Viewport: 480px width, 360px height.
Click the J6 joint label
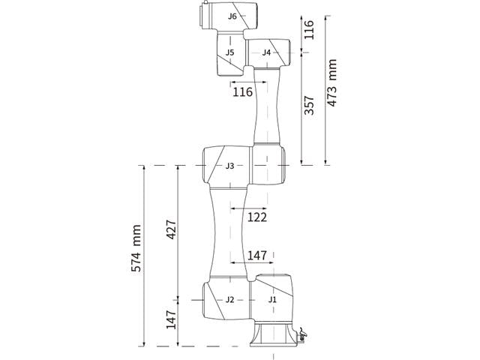(x=232, y=16)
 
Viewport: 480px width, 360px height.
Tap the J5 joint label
(x=230, y=52)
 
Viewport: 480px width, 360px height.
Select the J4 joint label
(x=266, y=52)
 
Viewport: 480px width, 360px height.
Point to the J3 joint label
(x=230, y=166)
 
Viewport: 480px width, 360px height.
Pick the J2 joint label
(x=230, y=300)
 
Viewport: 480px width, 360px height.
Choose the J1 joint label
(x=272, y=300)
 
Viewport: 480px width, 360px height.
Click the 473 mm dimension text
(x=331, y=82)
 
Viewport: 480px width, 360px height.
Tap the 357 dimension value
(x=309, y=105)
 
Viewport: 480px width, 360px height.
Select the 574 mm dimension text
(x=136, y=248)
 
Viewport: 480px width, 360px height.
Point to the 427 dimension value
(x=171, y=229)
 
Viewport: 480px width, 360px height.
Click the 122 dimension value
(x=257, y=217)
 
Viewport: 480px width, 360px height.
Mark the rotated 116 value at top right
(x=309, y=29)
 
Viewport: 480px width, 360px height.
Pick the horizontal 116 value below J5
(x=243, y=91)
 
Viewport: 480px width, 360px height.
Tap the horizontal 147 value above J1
(x=257, y=255)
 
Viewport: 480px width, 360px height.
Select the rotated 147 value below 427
(x=171, y=319)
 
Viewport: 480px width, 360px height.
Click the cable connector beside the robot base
(x=301, y=335)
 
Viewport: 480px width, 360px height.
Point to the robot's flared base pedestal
(x=273, y=334)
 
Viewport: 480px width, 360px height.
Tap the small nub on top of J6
(x=205, y=2)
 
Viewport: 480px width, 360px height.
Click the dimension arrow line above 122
(x=248, y=208)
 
